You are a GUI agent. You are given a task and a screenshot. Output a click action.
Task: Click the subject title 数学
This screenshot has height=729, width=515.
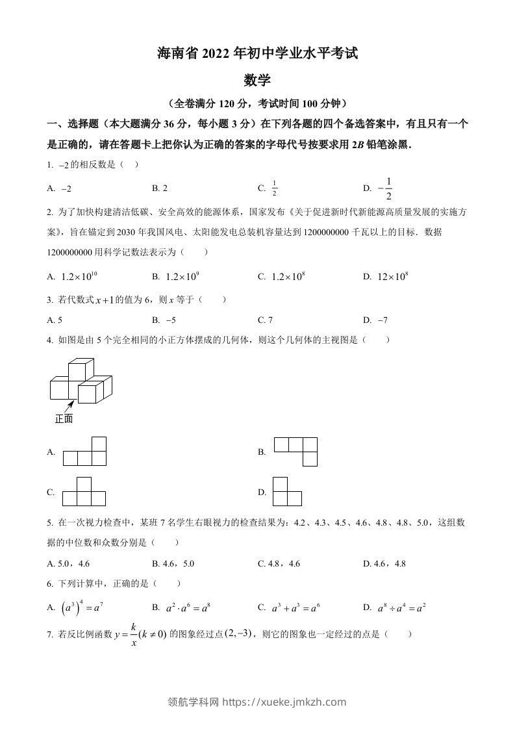click(x=257, y=81)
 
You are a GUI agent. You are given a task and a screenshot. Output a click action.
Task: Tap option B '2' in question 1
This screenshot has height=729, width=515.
click(x=165, y=188)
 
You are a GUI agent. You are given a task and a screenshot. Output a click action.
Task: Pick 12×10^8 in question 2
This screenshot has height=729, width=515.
click(x=392, y=276)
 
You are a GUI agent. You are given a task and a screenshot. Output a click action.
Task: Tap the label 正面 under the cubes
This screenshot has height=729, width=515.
click(x=64, y=419)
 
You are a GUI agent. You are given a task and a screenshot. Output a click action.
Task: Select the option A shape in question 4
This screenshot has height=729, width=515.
click(x=84, y=452)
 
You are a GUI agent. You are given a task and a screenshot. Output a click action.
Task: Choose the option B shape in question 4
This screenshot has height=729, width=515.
click(x=295, y=452)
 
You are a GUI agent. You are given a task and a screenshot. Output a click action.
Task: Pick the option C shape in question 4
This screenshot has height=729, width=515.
click(x=84, y=492)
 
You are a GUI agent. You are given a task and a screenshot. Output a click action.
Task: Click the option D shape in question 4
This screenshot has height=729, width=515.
click(x=287, y=491)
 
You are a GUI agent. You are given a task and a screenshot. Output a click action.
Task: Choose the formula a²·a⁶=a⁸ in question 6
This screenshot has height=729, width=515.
click(x=186, y=607)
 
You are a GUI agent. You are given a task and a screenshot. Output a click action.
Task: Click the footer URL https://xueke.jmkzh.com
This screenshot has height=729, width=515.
click(x=284, y=702)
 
